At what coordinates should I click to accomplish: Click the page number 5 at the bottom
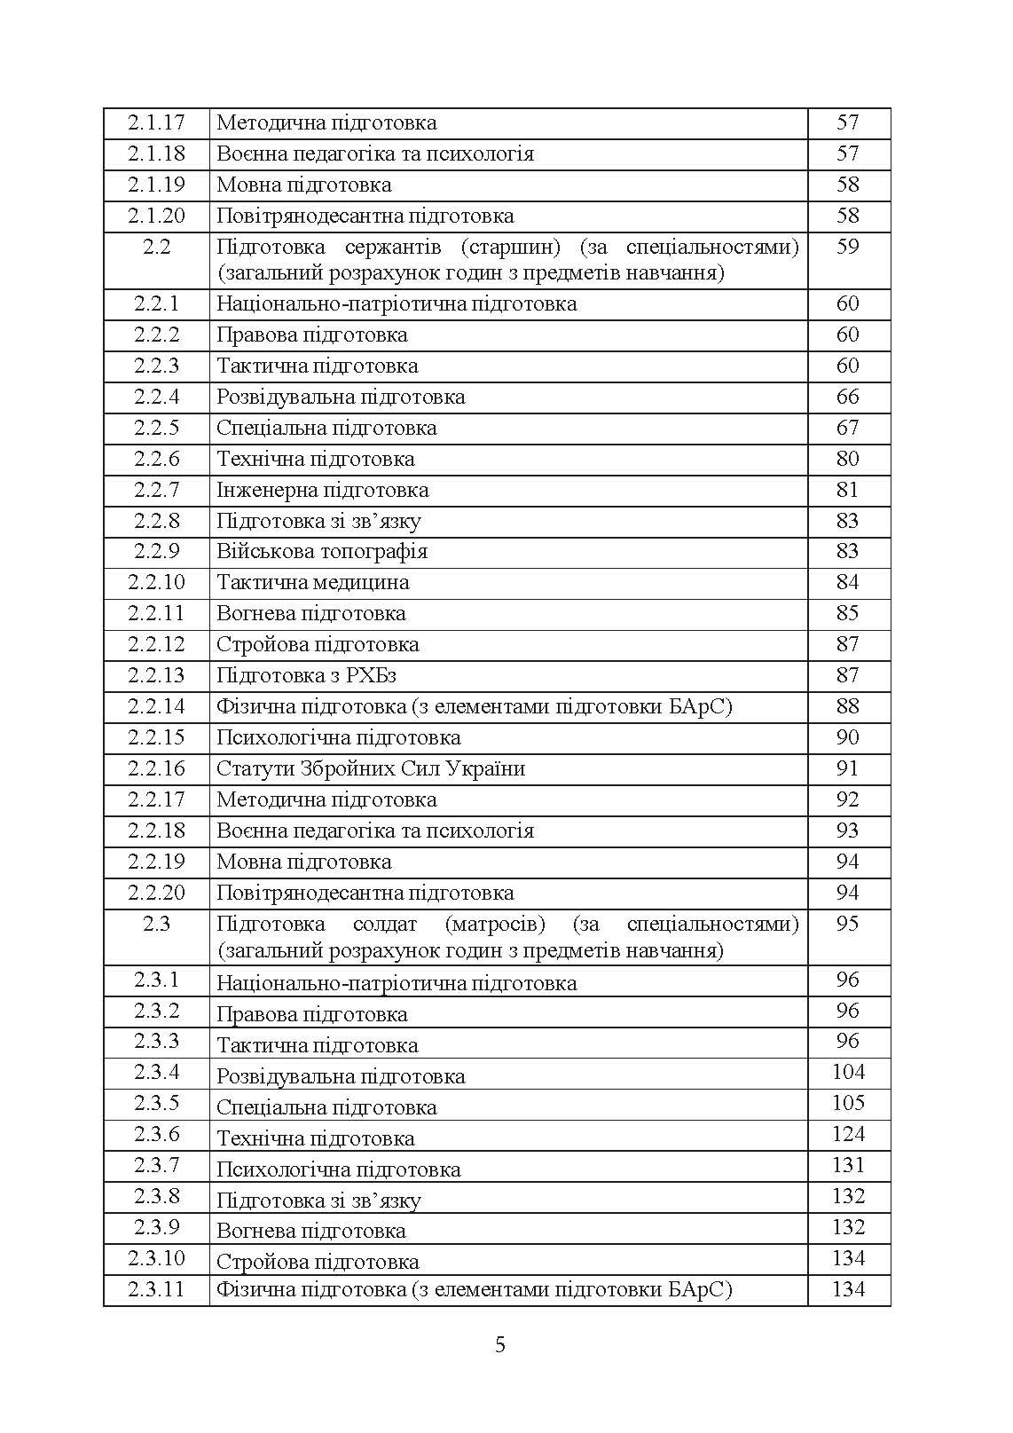pyautogui.click(x=500, y=1345)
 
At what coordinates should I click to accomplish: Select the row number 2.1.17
pyautogui.click(x=156, y=122)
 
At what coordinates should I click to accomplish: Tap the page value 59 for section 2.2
pyautogui.click(x=848, y=247)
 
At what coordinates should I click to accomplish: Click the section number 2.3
pyautogui.click(x=156, y=924)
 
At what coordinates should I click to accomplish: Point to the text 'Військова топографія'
pyautogui.click(x=322, y=551)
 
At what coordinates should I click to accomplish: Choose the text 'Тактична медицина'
pyautogui.click(x=313, y=582)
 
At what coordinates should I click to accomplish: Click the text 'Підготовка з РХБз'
pyautogui.click(x=306, y=675)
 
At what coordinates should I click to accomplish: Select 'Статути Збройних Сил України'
pyautogui.click(x=371, y=768)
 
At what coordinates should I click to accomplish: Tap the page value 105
pyautogui.click(x=848, y=1103)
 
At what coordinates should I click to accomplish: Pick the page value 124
pyautogui.click(x=848, y=1134)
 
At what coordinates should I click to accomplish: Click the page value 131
pyautogui.click(x=848, y=1165)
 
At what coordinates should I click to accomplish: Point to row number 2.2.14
pyautogui.click(x=156, y=706)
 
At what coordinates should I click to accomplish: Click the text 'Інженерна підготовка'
pyautogui.click(x=323, y=490)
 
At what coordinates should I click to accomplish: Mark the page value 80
pyautogui.click(x=848, y=459)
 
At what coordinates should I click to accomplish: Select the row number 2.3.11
pyautogui.click(x=156, y=1289)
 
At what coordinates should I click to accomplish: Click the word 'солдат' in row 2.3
pyautogui.click(x=385, y=924)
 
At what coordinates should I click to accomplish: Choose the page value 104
pyautogui.click(x=848, y=1072)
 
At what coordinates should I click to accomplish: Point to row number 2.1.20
pyautogui.click(x=156, y=216)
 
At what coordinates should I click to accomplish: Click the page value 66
pyautogui.click(x=848, y=397)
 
